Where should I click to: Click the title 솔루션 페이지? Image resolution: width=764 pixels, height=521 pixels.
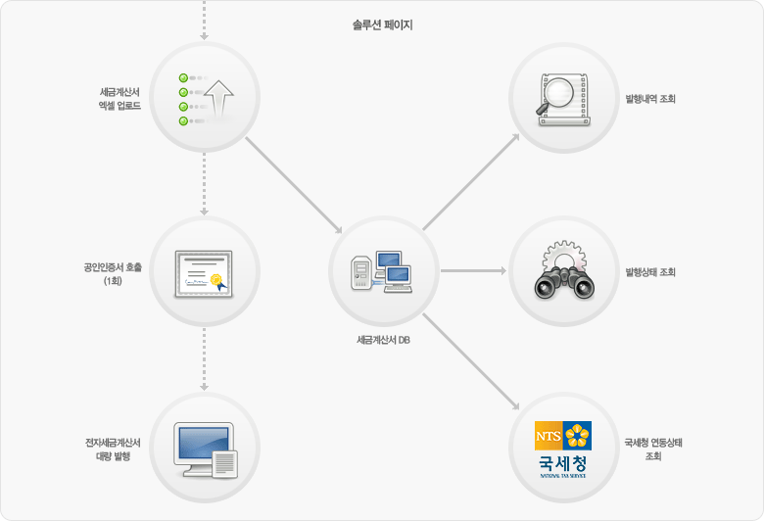382,24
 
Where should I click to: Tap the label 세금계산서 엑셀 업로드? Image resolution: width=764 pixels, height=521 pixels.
119,99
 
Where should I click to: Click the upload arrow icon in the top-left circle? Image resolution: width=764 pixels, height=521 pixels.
218,99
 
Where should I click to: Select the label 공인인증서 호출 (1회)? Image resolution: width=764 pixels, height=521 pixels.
113,274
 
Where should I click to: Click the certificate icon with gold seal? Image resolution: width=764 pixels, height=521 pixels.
204,274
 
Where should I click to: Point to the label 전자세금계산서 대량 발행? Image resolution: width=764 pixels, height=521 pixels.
113,450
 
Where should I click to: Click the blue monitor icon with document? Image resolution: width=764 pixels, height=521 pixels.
206,450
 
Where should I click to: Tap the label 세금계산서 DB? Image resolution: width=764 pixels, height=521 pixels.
383,340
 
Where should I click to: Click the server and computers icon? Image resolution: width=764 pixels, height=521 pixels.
382,272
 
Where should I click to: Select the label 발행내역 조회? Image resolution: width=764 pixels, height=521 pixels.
650,99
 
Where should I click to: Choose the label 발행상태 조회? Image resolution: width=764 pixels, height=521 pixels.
650,272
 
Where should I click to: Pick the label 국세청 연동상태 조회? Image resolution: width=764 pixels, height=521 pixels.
653,450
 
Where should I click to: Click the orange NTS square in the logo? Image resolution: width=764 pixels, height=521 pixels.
549,436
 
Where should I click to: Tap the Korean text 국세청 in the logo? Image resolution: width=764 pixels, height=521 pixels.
563,463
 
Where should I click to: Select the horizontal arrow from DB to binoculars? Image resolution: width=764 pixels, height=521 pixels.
474,270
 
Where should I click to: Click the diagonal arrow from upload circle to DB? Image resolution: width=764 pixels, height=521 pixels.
294,186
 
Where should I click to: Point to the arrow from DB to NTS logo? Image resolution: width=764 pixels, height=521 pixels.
471,361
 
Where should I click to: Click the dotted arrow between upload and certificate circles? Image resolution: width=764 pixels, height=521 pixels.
204,184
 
